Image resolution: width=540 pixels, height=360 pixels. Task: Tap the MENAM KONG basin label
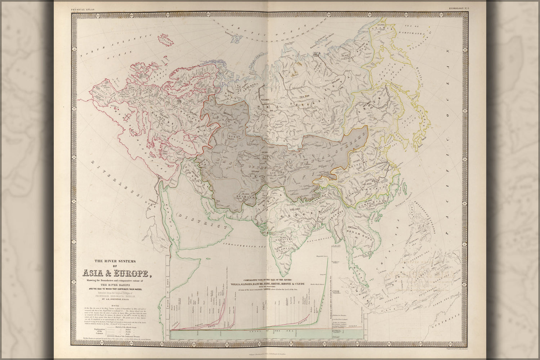coord(356,233)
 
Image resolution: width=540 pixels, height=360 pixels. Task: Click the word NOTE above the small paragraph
coord(117,304)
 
